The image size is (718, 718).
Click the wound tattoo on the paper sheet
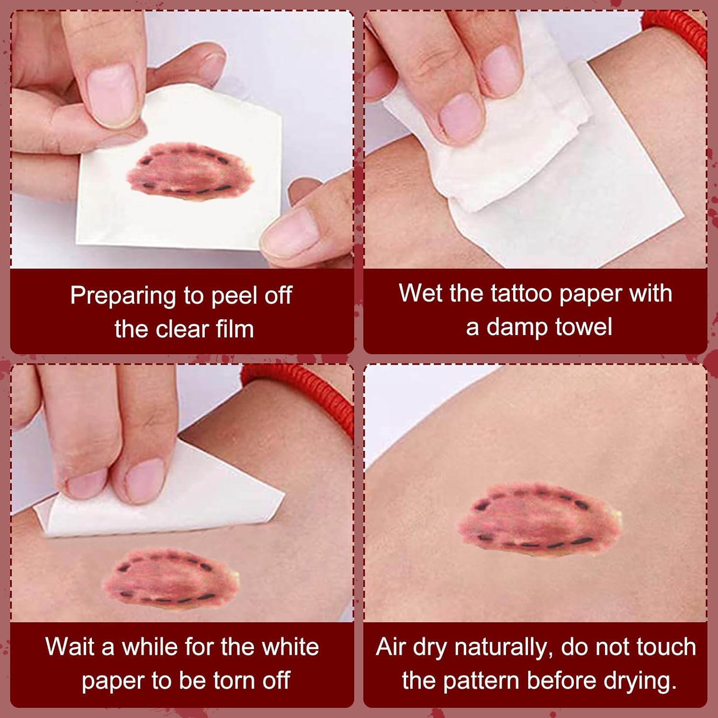click(190, 168)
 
